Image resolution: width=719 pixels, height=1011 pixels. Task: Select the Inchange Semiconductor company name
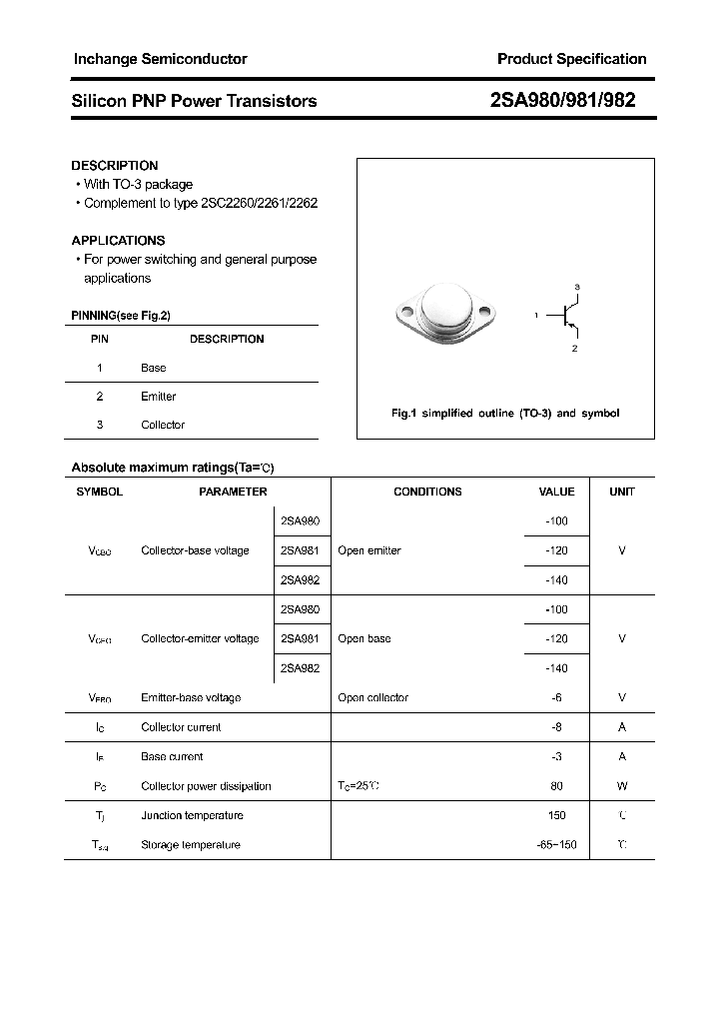(160, 59)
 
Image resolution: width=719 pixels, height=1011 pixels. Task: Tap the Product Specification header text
(571, 59)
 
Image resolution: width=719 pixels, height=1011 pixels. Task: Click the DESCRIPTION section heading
(115, 166)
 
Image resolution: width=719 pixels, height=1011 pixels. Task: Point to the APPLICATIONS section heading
(118, 241)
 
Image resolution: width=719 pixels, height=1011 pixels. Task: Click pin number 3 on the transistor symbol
(577, 287)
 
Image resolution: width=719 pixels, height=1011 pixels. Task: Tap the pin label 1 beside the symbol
(536, 316)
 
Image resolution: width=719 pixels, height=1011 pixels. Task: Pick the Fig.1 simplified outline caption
(505, 414)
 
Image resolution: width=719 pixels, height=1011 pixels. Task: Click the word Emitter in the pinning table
(158, 397)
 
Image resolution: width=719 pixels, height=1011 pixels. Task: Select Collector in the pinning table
(163, 426)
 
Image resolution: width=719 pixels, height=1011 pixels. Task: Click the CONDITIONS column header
(427, 492)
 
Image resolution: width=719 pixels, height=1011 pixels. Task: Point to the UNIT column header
(622, 492)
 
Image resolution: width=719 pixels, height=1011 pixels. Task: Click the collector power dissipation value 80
(556, 786)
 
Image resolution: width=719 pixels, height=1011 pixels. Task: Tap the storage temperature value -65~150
(556, 845)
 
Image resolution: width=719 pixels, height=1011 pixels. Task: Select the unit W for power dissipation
(622, 786)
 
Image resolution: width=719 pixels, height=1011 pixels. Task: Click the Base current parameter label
(172, 757)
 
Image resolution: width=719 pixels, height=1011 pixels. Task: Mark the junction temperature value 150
(556, 816)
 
